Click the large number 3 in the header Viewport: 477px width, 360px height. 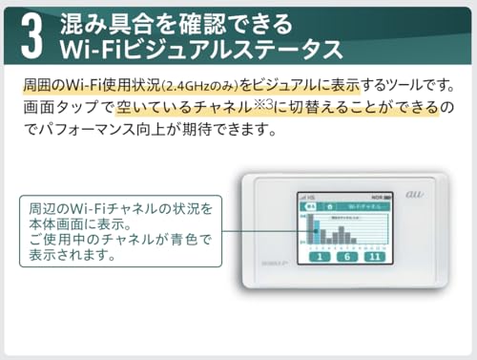tap(31, 34)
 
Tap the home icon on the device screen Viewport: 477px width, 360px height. tap(329, 205)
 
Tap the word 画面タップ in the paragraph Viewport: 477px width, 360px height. tap(58, 106)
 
